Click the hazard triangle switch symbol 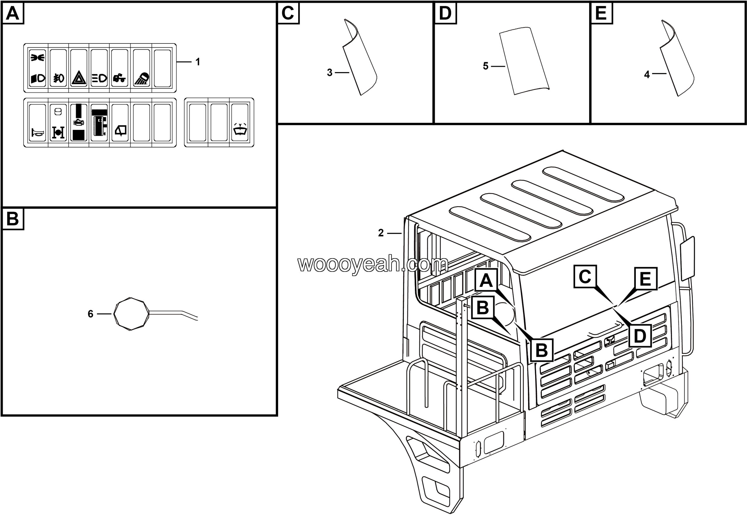pyautogui.click(x=79, y=78)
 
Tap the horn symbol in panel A pyautogui.click(x=37, y=133)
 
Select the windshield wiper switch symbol pyautogui.click(x=240, y=131)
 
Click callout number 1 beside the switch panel pyautogui.click(x=198, y=62)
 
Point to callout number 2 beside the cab pyautogui.click(x=381, y=233)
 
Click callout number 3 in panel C pyautogui.click(x=329, y=73)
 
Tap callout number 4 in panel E pyautogui.click(x=647, y=74)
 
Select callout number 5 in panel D pyautogui.click(x=486, y=66)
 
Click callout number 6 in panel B pyautogui.click(x=90, y=314)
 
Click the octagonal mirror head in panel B pyautogui.click(x=131, y=314)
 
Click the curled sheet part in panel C pyautogui.click(x=360, y=60)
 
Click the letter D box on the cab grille pyautogui.click(x=640, y=336)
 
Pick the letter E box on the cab pyautogui.click(x=645, y=279)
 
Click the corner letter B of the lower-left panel pyautogui.click(x=13, y=219)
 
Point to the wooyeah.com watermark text pyautogui.click(x=373, y=264)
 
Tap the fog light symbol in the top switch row pyautogui.click(x=59, y=78)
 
